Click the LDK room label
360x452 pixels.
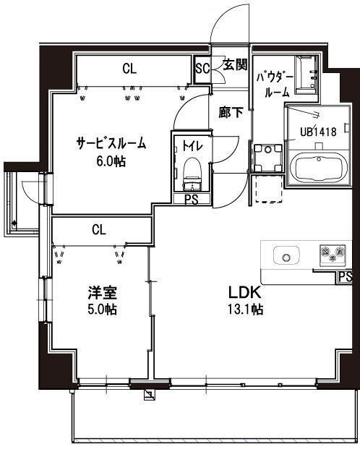coord(246,294)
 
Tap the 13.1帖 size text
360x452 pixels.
coord(246,309)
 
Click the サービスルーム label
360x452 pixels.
coord(111,143)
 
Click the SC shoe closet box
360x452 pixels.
coord(203,69)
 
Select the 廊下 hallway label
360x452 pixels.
coord(231,113)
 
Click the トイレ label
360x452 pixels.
coord(192,145)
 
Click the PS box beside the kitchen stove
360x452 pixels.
coord(346,276)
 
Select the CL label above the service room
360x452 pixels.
coord(129,69)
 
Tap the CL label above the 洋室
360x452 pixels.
coord(99,229)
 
